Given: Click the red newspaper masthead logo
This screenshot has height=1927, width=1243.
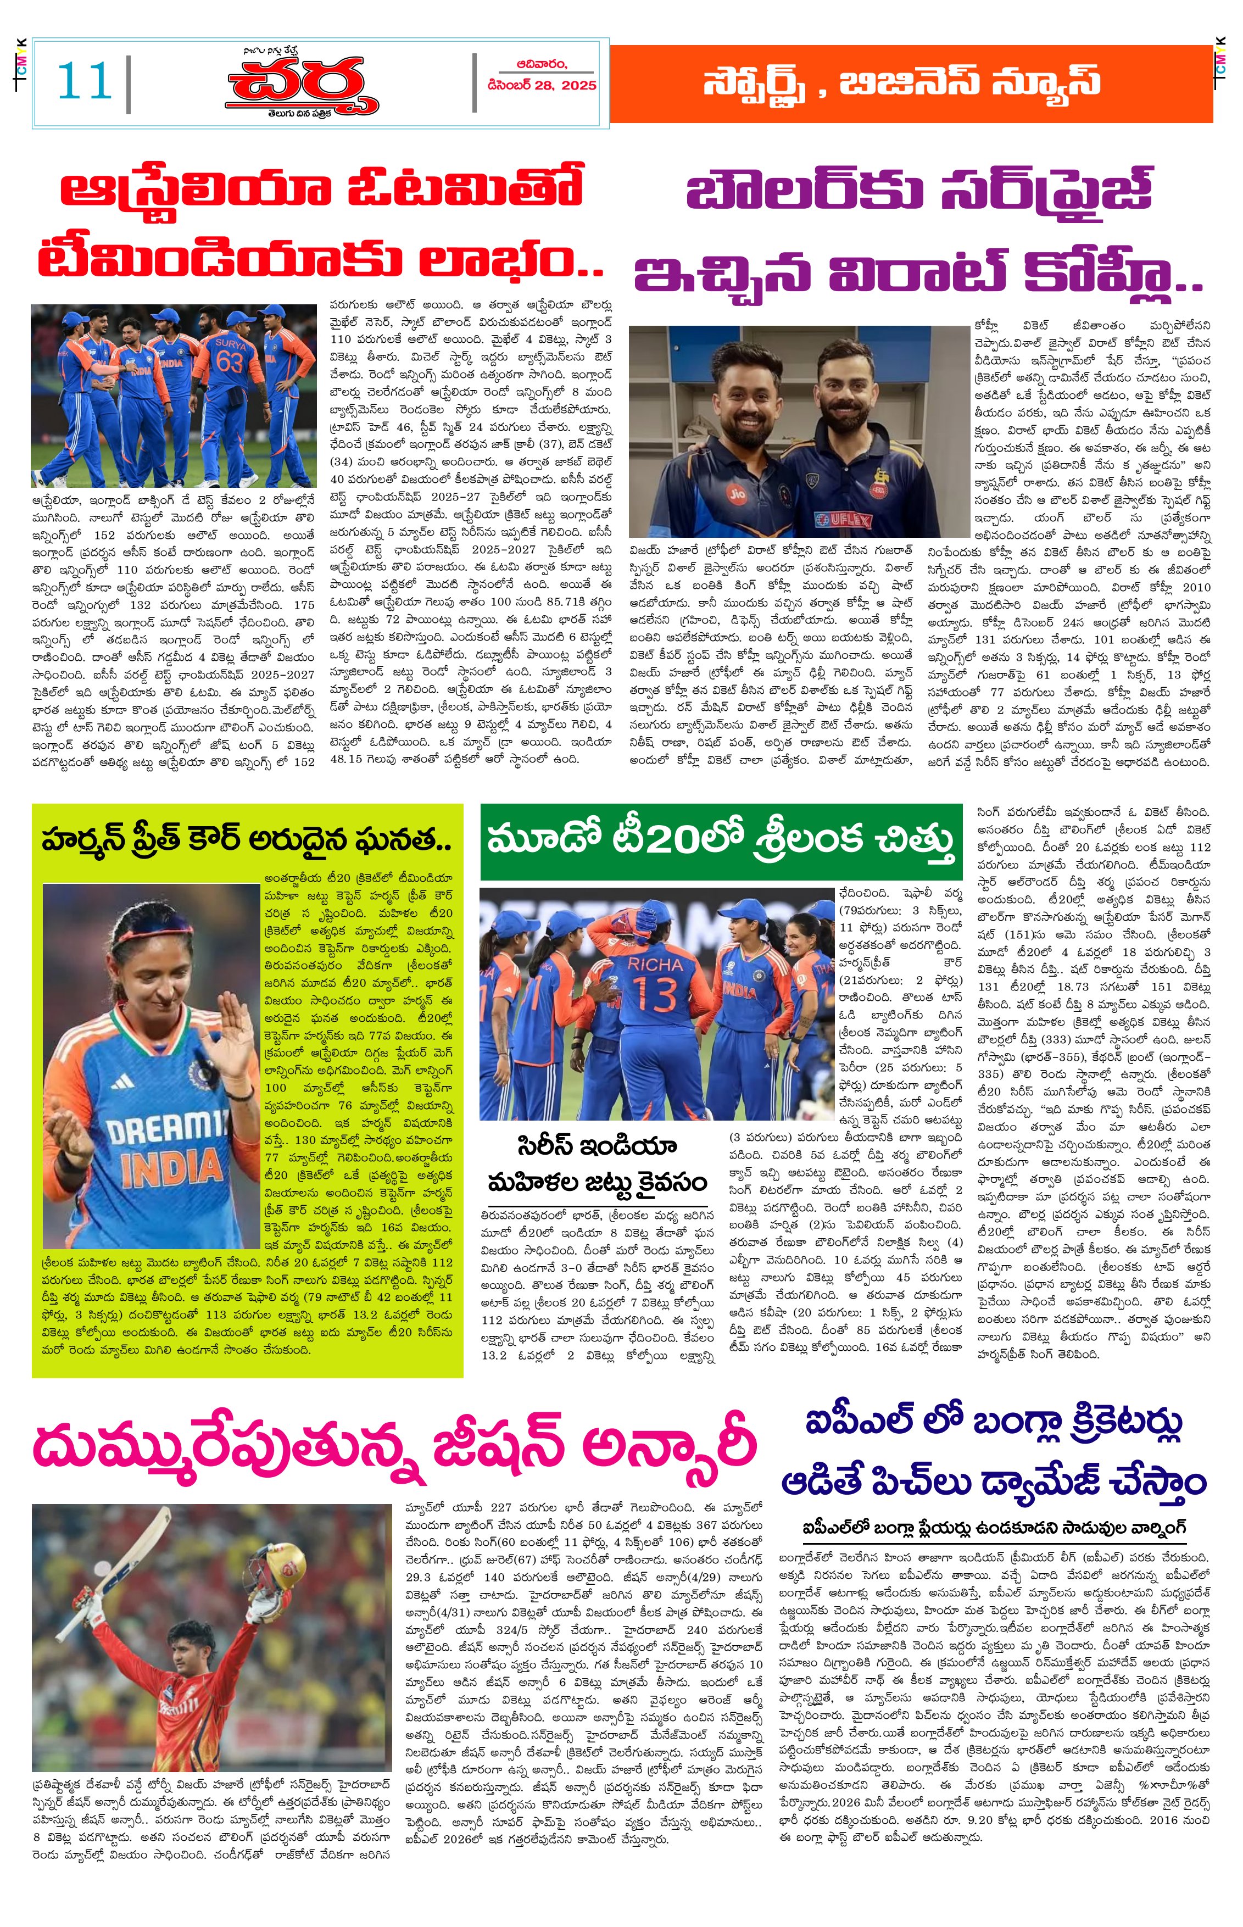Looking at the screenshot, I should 302,84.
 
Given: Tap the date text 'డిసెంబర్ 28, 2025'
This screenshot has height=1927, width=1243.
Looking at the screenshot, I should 542,85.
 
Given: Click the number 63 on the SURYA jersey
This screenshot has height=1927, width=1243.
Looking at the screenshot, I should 229,361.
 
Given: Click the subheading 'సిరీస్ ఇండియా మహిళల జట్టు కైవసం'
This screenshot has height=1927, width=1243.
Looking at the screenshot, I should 597,1165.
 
